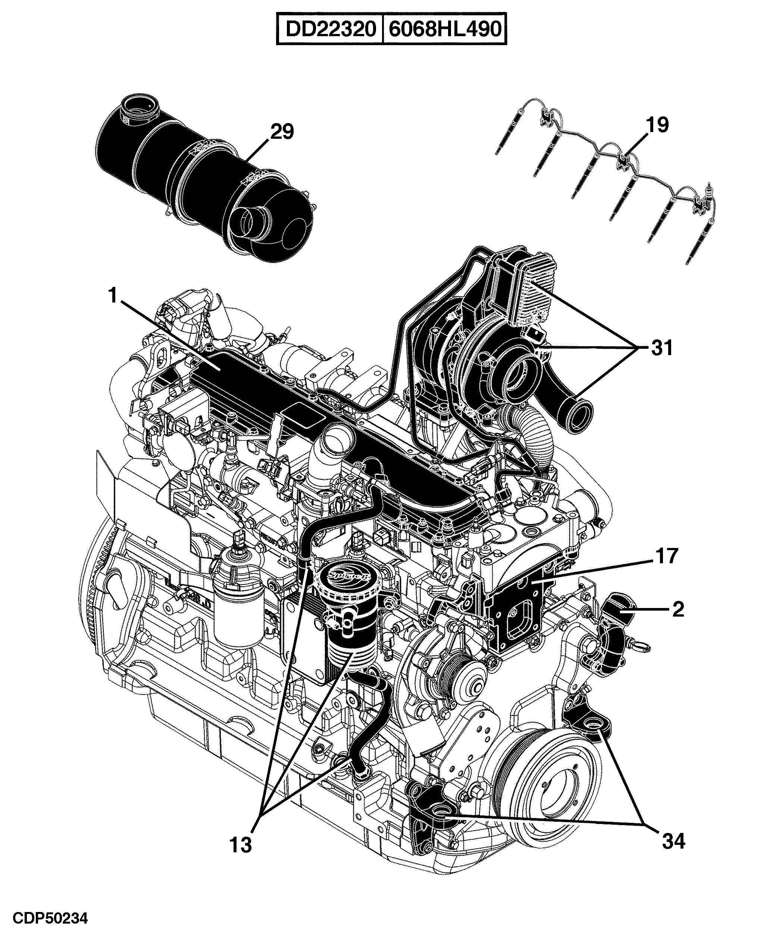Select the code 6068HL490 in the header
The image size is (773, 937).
pos(445,30)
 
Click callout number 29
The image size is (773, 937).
pos(282,132)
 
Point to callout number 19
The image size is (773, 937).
pos(657,125)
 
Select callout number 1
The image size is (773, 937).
pos(113,295)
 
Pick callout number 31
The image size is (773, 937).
pos(662,348)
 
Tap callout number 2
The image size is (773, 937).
pos(678,609)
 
